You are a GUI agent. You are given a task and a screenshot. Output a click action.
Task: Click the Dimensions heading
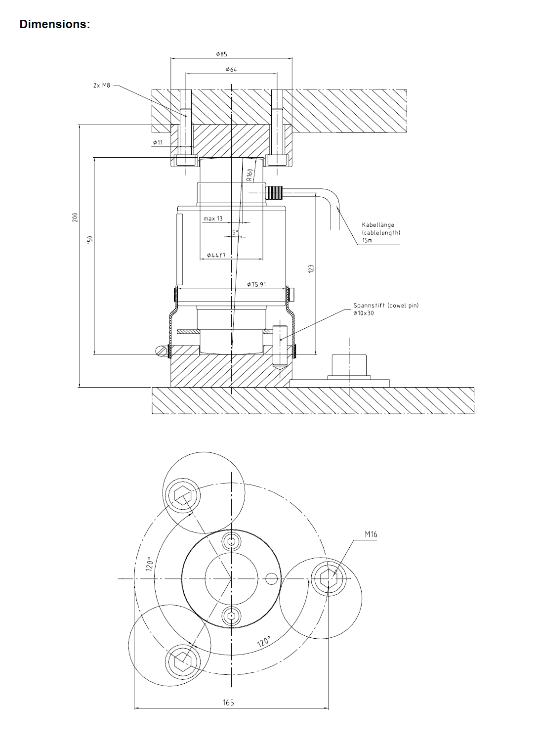[54, 24]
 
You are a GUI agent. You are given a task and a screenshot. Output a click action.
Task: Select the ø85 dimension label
[222, 54]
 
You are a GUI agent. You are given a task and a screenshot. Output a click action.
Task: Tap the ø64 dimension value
[231, 70]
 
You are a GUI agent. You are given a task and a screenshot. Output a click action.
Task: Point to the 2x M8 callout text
[102, 86]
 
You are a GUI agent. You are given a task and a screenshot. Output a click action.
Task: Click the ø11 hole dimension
[158, 142]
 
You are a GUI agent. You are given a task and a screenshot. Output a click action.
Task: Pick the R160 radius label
[250, 175]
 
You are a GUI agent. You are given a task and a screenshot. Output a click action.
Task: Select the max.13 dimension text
[213, 219]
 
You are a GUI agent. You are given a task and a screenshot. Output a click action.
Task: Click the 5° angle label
[236, 232]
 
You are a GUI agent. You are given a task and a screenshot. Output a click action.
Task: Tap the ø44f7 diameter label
[216, 255]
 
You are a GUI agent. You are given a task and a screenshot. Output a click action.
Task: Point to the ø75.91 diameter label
[256, 284]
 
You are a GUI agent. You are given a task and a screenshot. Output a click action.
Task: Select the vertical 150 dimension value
[89, 240]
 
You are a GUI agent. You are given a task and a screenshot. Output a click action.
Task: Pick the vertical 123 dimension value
[311, 268]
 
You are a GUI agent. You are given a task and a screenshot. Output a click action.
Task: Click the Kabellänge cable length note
[380, 232]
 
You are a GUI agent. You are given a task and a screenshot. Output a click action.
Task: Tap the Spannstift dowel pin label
[385, 309]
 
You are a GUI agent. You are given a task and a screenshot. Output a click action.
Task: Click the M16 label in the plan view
[371, 534]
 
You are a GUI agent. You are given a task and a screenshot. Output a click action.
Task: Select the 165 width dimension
[228, 702]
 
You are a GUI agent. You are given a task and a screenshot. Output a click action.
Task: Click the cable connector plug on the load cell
[274, 192]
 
